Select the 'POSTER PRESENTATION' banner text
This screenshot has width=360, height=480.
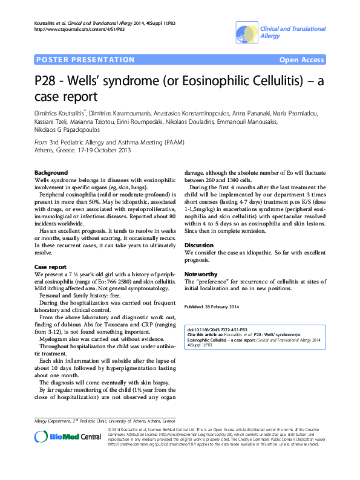(85, 60)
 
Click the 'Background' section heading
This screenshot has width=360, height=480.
(51, 173)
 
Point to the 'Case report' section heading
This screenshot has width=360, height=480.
(50, 267)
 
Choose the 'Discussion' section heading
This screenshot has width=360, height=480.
(199, 245)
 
